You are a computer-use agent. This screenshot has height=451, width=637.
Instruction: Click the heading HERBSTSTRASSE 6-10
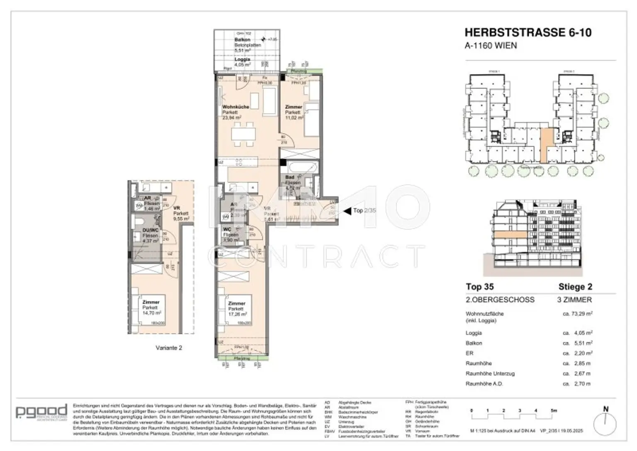point(528,32)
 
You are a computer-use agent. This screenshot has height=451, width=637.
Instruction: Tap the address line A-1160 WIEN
point(491,46)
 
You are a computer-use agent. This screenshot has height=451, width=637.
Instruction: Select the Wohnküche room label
point(236,107)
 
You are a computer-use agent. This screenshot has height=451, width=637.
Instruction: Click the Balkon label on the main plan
point(242,40)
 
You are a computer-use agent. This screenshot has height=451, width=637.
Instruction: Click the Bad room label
point(290,178)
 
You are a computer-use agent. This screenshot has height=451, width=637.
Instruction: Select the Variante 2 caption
point(169,348)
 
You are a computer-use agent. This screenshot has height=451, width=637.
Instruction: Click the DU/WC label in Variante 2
point(150,231)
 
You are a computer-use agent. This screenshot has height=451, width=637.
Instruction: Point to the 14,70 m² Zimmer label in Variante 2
point(151,307)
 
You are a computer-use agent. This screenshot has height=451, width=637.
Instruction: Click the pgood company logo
point(41,411)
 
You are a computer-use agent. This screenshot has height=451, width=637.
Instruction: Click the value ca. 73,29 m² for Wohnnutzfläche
point(577,314)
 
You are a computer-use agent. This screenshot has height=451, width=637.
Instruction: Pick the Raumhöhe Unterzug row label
point(490,374)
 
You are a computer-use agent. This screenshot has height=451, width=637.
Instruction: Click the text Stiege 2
point(575,287)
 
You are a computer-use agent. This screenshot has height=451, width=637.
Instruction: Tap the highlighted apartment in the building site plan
point(547,145)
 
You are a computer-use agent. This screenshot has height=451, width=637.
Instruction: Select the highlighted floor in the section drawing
point(509,239)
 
